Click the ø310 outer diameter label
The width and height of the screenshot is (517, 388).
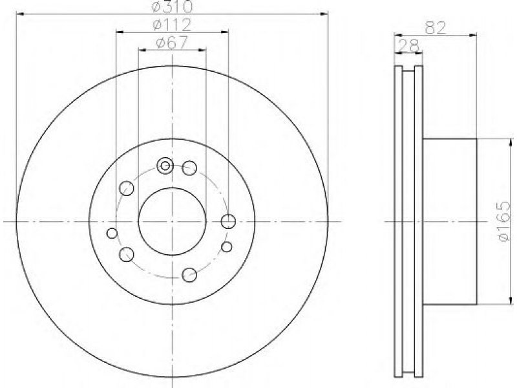[172, 6]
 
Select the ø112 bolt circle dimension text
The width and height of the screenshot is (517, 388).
[172, 25]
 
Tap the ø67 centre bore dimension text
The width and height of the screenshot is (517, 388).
[172, 43]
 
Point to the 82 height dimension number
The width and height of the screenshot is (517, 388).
[435, 28]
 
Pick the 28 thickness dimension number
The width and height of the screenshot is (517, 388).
[408, 46]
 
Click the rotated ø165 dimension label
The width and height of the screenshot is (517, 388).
[505, 221]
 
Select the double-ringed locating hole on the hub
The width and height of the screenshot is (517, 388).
[165, 166]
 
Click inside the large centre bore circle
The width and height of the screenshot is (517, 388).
[172, 221]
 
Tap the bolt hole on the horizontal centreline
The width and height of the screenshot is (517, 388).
[228, 221]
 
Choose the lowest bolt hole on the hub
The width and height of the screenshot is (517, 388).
[189, 275]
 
